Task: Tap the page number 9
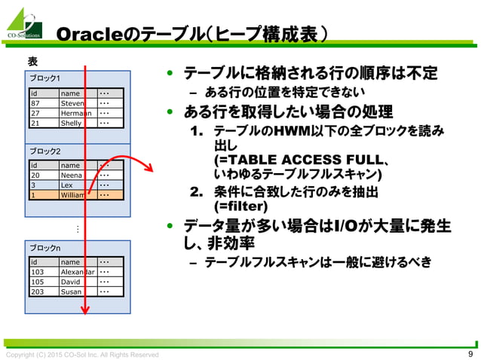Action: click(470, 354)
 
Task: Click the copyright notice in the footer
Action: click(82, 355)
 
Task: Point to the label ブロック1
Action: click(45, 79)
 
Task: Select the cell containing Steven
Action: click(73, 103)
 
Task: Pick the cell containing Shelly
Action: click(73, 123)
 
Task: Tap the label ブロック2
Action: click(45, 151)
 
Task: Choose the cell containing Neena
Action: click(73, 175)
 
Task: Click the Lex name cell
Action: click(73, 185)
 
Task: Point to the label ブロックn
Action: click(45, 247)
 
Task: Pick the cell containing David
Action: click(73, 281)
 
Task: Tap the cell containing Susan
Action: click(73, 291)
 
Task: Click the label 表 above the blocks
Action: click(33, 61)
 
